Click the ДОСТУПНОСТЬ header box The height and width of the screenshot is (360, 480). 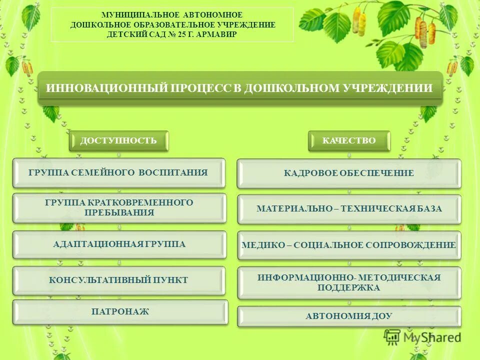[x=118, y=140]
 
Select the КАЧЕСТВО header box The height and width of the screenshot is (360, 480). [x=348, y=140]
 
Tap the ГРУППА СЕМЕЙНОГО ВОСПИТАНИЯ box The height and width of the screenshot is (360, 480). [x=118, y=173]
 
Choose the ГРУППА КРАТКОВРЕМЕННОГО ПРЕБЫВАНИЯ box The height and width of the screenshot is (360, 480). [x=118, y=207]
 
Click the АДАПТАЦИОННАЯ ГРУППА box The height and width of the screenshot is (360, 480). [x=119, y=244]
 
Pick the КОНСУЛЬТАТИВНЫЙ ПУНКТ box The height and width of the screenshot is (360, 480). [x=118, y=280]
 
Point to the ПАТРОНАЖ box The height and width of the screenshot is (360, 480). [x=120, y=312]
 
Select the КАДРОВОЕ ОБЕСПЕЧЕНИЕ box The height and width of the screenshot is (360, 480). [x=348, y=173]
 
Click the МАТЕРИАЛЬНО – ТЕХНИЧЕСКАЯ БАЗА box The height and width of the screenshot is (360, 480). [x=349, y=208]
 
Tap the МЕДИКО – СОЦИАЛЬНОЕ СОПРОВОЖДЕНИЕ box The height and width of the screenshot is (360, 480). [x=348, y=245]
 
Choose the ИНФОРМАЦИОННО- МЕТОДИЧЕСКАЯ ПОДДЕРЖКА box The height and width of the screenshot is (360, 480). [x=348, y=282]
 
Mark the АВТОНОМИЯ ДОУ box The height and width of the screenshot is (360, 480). [x=348, y=316]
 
